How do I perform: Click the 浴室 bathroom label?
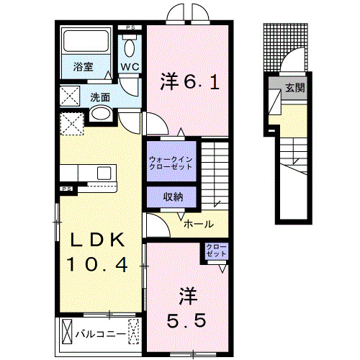83,67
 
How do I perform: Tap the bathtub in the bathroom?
85,42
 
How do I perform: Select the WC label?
130,67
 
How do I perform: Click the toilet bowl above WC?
130,48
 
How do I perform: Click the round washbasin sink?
101,114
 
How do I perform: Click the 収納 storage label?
171,196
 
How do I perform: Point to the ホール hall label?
198,224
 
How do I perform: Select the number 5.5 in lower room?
189,316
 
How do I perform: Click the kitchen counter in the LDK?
90,175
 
